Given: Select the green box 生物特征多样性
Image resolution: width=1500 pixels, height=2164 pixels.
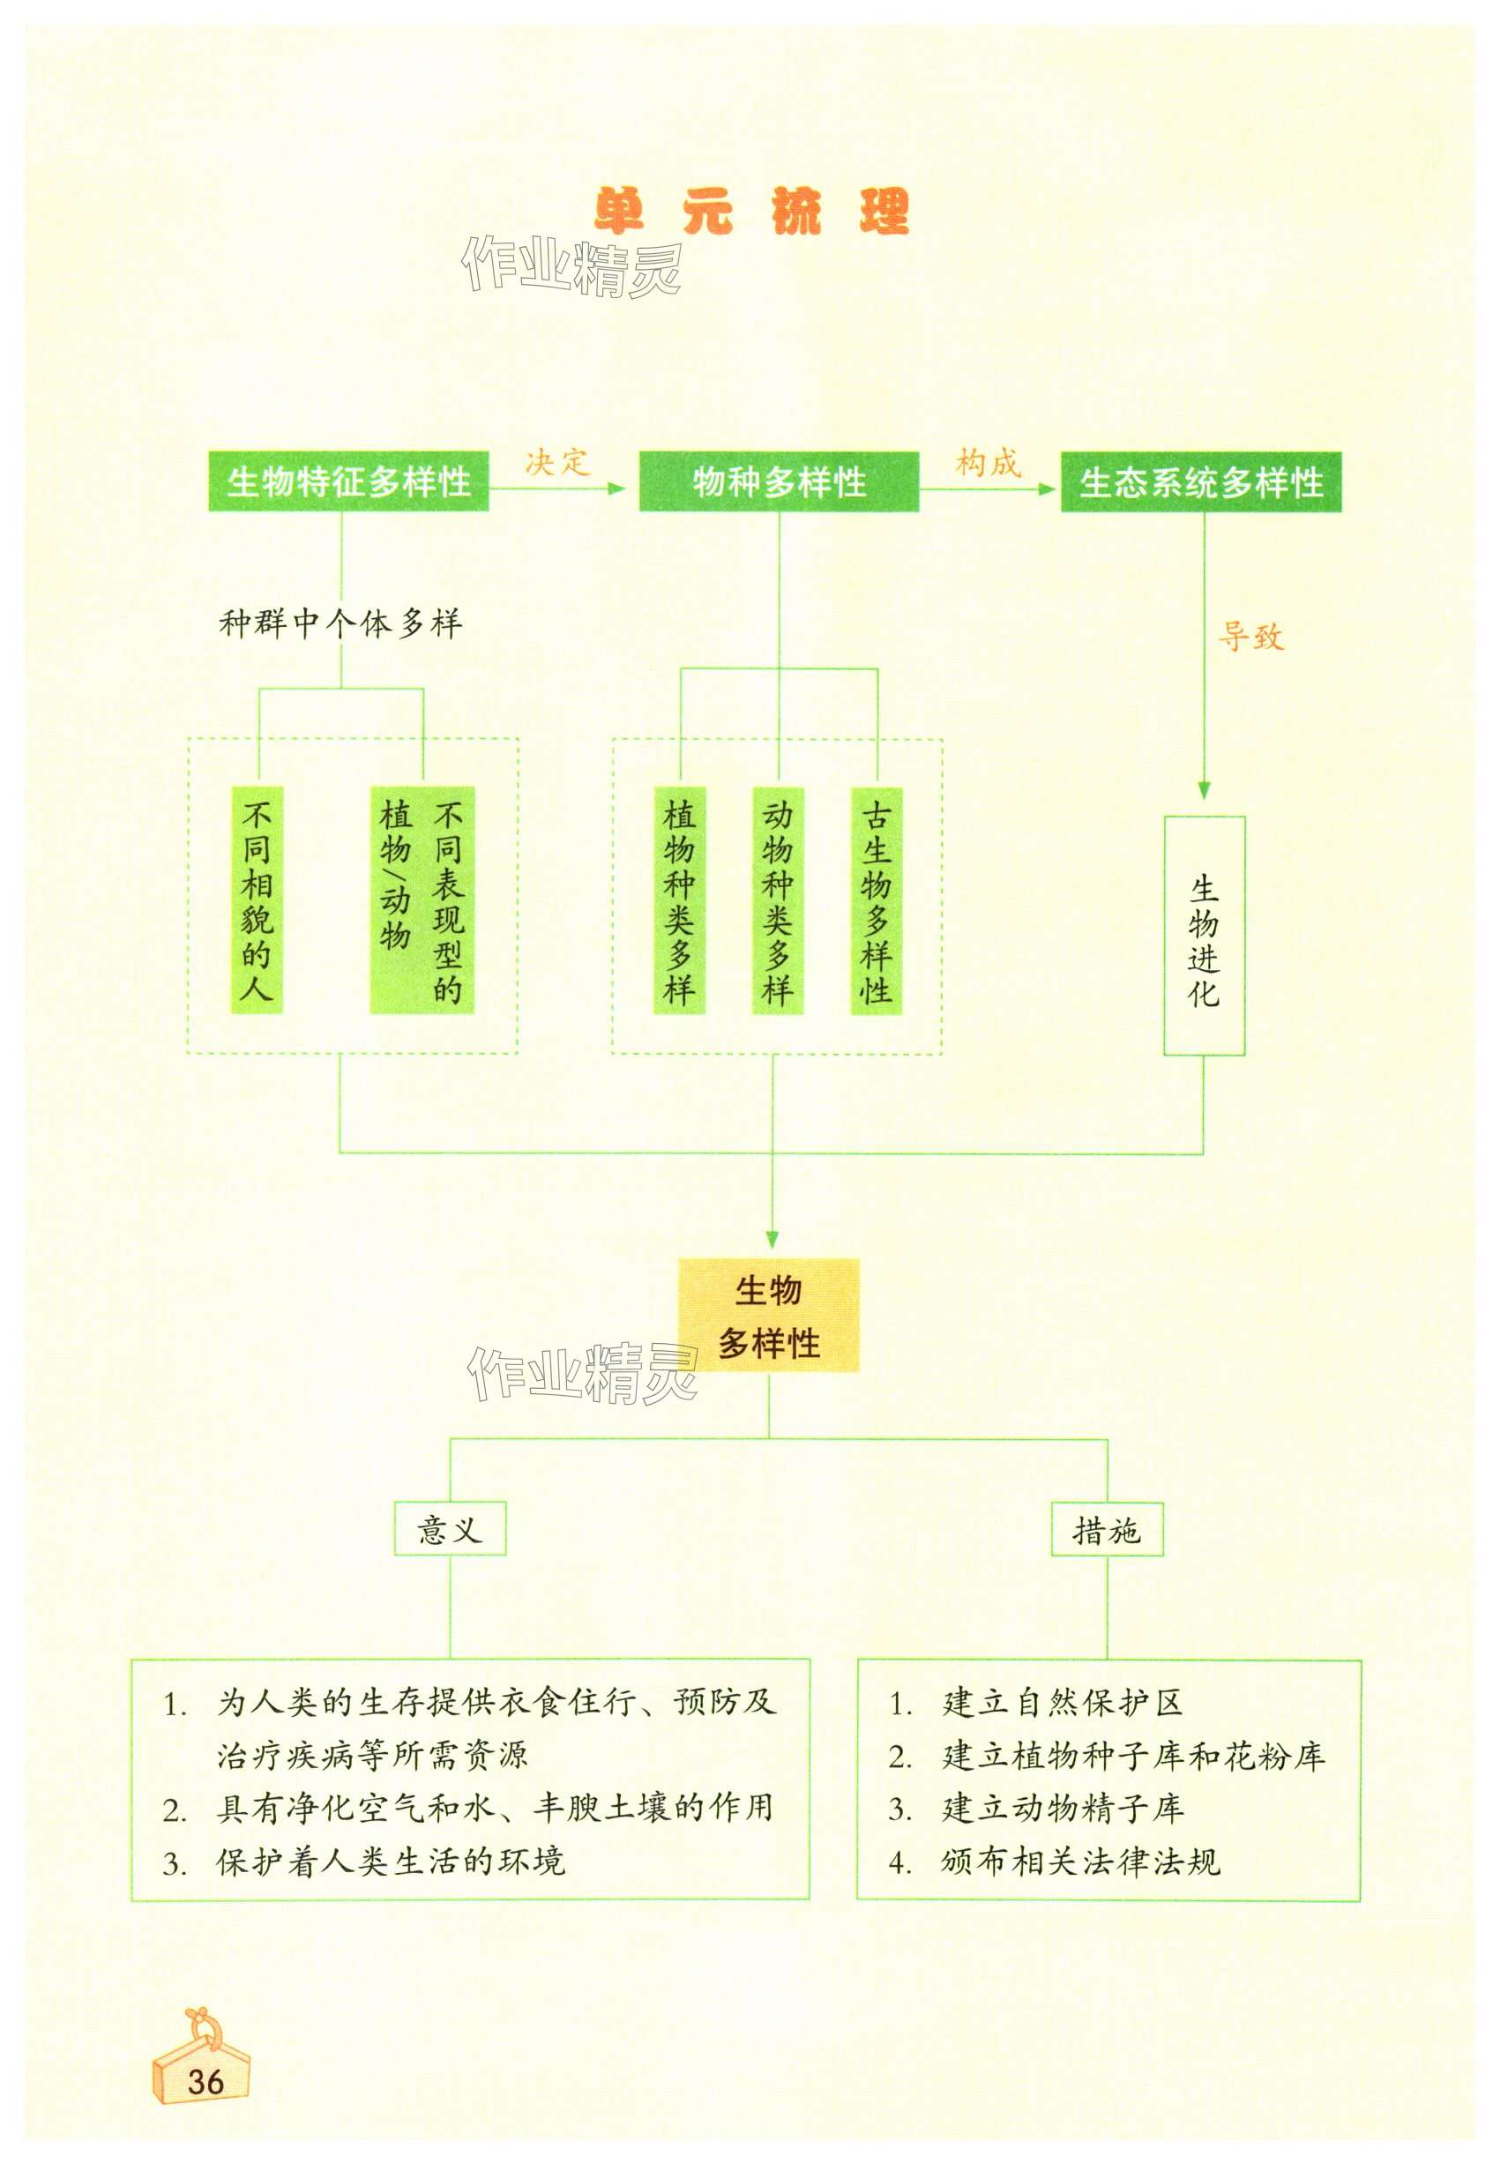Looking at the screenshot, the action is pyautogui.click(x=347, y=482).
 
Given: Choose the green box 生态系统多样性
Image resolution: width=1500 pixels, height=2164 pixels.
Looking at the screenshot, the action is pyautogui.click(x=1200, y=483).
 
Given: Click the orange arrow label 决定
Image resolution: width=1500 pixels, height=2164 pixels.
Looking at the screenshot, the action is pyautogui.click(x=556, y=462).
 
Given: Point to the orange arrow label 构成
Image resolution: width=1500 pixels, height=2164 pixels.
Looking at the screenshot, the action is pyautogui.click(x=987, y=462).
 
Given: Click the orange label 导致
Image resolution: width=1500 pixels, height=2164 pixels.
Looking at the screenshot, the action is pyautogui.click(x=1250, y=637).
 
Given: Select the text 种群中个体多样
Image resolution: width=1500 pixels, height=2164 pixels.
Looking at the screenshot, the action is pyautogui.click(x=340, y=623).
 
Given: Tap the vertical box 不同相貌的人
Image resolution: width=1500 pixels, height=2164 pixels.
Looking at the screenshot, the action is pyautogui.click(x=257, y=899).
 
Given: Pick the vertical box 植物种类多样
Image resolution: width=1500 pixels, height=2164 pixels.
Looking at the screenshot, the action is pyautogui.click(x=679, y=900).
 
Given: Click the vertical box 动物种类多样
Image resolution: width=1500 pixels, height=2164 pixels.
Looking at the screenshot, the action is pyautogui.click(x=777, y=900).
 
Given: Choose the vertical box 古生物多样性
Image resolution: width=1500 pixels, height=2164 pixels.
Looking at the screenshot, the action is pyautogui.click(x=876, y=900).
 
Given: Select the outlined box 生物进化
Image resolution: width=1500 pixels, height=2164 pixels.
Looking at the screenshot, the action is pyautogui.click(x=1204, y=936).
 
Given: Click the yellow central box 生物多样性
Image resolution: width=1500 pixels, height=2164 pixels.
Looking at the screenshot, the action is pyautogui.click(x=769, y=1316).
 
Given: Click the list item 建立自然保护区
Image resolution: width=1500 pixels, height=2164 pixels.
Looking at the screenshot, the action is pyautogui.click(x=1062, y=1703).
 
